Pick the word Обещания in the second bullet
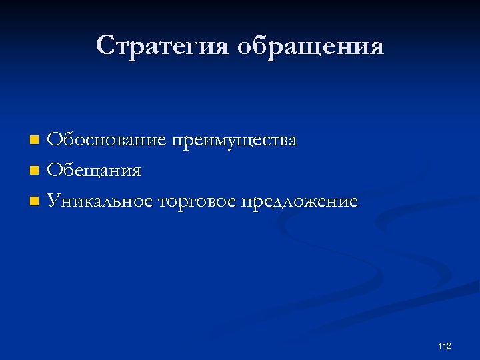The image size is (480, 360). (94, 171)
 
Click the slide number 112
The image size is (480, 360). (445, 345)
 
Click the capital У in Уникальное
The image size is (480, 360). (53, 200)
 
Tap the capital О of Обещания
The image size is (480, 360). (54, 171)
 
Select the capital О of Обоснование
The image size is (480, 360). (54, 141)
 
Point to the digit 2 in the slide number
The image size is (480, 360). (449, 345)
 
